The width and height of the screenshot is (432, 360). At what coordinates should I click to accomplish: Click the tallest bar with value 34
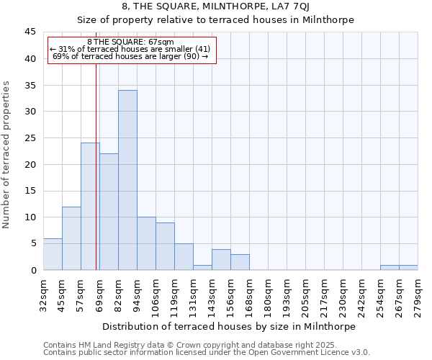tap(127, 180)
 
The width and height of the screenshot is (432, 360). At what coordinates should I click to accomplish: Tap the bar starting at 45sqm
tap(71, 238)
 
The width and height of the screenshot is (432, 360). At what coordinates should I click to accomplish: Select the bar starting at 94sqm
tap(146, 243)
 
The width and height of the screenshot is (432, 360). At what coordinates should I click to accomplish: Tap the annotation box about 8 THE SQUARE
tap(132, 50)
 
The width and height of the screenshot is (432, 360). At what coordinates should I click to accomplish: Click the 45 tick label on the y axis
tap(30, 32)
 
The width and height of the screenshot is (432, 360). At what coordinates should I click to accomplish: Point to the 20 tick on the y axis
tap(30, 164)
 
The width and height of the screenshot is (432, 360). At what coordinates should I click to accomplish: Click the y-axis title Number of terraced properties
tap(6, 155)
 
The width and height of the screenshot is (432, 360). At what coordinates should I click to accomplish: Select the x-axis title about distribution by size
tap(230, 326)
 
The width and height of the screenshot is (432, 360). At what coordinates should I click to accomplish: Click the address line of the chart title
tap(215, 6)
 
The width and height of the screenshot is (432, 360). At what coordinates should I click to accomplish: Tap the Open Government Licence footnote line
tap(207, 353)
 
